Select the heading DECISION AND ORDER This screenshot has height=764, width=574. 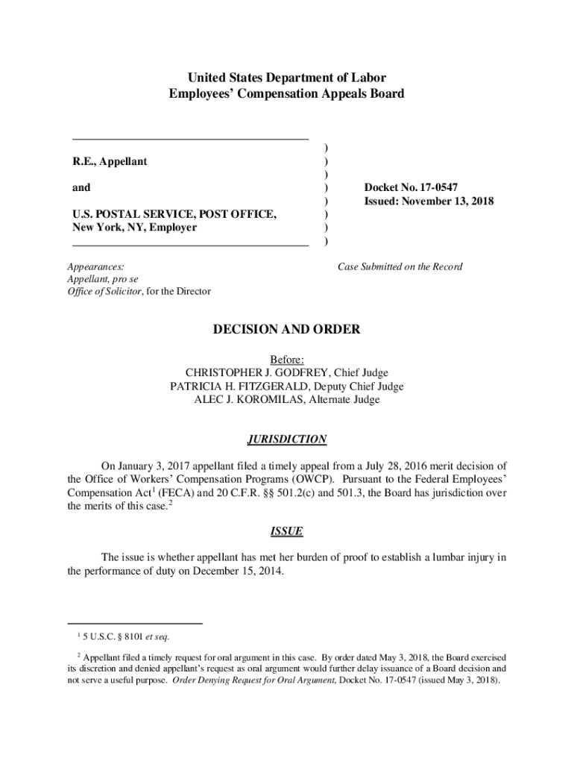pos(287,329)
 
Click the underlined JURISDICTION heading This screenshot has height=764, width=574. pos(287,439)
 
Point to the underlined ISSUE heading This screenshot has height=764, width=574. pos(286,531)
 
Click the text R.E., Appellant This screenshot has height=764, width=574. pos(110,162)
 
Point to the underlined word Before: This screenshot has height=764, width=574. pos(287,360)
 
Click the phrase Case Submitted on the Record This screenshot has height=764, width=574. pos(400,266)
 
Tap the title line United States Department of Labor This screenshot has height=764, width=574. pos(287,78)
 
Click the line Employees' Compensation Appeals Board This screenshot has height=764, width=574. pos(287,94)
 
